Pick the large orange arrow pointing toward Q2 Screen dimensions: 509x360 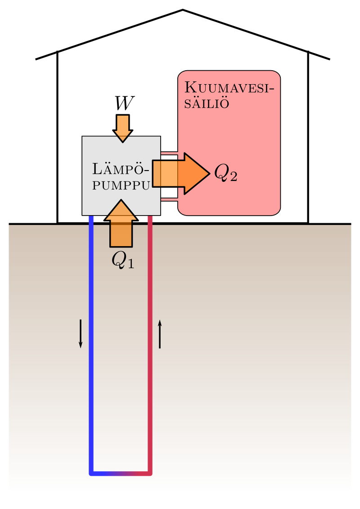point(180,173)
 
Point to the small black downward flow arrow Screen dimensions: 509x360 point(81,333)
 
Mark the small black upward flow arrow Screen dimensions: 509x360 point(160,333)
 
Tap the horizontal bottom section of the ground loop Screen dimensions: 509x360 point(121,473)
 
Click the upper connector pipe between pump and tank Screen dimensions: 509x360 point(169,153)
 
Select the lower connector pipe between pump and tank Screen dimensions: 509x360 point(169,199)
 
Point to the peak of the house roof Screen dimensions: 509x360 point(183,10)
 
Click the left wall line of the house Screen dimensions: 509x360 point(57,135)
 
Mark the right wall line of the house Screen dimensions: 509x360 point(308,135)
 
